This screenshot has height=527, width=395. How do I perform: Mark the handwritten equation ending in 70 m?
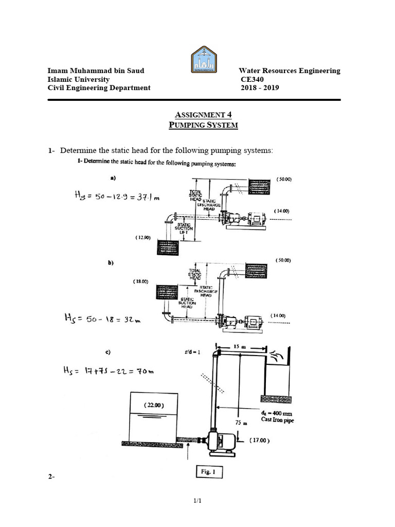pyautogui.click(x=106, y=371)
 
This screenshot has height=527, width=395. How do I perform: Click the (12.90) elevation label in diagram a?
pyautogui.click(x=143, y=238)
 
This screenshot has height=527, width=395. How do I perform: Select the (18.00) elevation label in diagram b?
pyautogui.click(x=140, y=282)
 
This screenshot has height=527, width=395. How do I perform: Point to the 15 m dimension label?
pyautogui.click(x=240, y=348)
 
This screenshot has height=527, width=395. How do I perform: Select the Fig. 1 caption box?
pyautogui.click(x=209, y=472)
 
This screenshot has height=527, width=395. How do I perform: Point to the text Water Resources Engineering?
pyautogui.click(x=289, y=71)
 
